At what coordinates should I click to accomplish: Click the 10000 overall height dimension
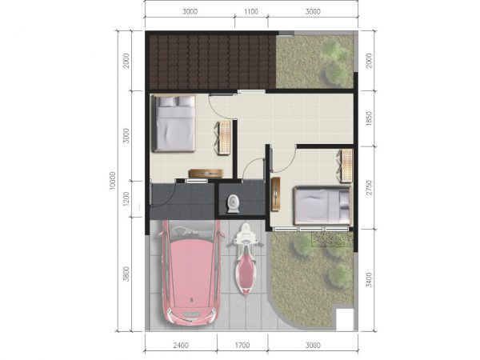tap(112, 181)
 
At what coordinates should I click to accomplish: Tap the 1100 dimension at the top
tap(251, 12)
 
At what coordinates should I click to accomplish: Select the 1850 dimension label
tap(369, 118)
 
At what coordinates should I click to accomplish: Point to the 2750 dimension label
tap(369, 187)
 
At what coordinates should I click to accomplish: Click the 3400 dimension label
tap(369, 280)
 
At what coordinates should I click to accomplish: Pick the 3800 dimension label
tap(126, 274)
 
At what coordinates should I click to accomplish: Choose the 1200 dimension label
tap(126, 199)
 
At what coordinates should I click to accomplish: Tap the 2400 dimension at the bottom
tap(181, 346)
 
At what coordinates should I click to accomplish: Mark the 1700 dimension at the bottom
tap(242, 346)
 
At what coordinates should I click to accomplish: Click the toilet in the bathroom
tap(234, 203)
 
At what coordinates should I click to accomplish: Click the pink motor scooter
tap(246, 259)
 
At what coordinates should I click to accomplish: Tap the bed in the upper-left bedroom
tap(174, 123)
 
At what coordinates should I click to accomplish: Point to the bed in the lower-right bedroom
tap(322, 206)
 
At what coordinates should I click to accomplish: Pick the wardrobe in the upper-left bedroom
tap(224, 138)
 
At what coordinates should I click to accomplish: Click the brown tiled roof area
tap(213, 62)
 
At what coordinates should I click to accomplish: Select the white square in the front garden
tap(345, 319)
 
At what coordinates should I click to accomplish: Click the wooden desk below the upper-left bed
tap(206, 174)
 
